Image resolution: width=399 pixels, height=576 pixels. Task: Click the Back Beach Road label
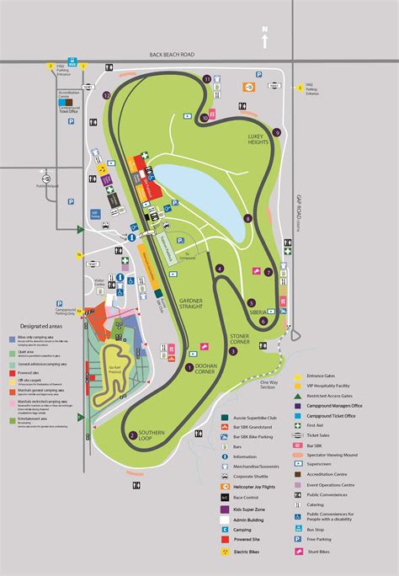point(172,55)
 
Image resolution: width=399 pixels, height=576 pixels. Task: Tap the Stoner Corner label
point(239,339)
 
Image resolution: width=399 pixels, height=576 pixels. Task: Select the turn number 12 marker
point(107,96)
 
